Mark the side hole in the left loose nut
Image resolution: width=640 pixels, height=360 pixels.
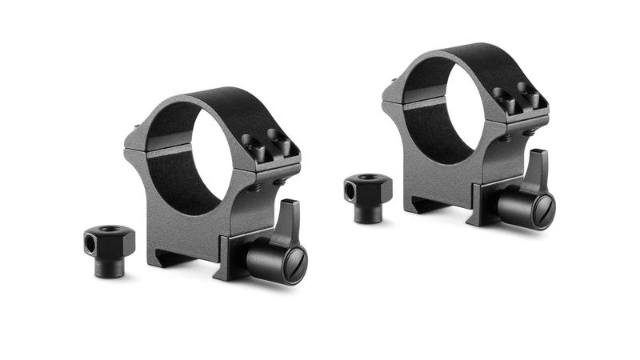tap(90, 240)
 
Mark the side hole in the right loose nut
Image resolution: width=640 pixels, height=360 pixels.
tap(350, 189)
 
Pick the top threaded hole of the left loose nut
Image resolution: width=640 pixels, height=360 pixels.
tap(110, 230)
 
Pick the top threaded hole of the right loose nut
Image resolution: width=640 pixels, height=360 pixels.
tap(369, 178)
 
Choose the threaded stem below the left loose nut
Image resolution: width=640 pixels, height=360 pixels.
tap(110, 266)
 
